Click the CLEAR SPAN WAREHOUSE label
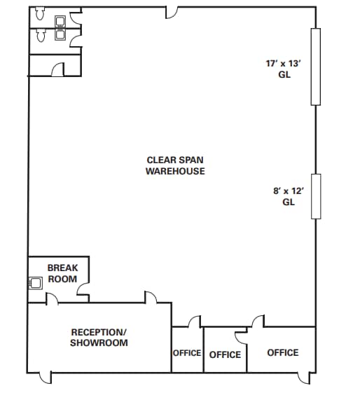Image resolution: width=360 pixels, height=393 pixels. pyautogui.click(x=175, y=165)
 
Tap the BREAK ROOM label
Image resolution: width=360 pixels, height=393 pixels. pyautogui.click(x=62, y=273)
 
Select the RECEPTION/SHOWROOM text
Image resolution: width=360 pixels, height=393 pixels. pyautogui.click(x=99, y=338)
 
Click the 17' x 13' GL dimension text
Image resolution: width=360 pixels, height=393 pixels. pyautogui.click(x=284, y=69)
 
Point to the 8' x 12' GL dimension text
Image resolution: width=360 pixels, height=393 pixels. pyautogui.click(x=289, y=196)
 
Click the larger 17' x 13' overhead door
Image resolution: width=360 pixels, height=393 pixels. pyautogui.click(x=316, y=67)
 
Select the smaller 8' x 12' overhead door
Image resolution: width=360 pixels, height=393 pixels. pyautogui.click(x=316, y=196)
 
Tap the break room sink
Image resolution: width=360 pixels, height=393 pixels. pyautogui.click(x=35, y=283)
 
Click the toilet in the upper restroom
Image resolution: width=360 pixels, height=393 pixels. pyautogui.click(x=40, y=13)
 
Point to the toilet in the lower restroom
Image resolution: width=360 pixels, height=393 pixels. pyautogui.click(x=41, y=35)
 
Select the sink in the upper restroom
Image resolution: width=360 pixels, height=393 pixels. pyautogui.click(x=60, y=21)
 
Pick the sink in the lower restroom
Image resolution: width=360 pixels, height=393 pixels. pyautogui.click(x=60, y=35)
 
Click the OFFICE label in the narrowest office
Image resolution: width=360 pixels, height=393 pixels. pyautogui.click(x=187, y=353)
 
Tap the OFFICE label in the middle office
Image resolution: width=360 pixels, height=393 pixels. pyautogui.click(x=226, y=354)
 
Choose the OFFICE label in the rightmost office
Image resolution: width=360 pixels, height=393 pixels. pyautogui.click(x=283, y=352)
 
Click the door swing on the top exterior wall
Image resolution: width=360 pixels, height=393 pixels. pyautogui.click(x=172, y=13)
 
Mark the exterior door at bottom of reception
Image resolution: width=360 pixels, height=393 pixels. pyautogui.click(x=46, y=378)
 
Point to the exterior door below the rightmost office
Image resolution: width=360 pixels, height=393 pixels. pyautogui.click(x=304, y=378)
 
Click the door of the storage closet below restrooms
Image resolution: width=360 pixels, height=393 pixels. pyautogui.click(x=58, y=69)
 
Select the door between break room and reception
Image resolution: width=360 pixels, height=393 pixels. pyautogui.click(x=52, y=299)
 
